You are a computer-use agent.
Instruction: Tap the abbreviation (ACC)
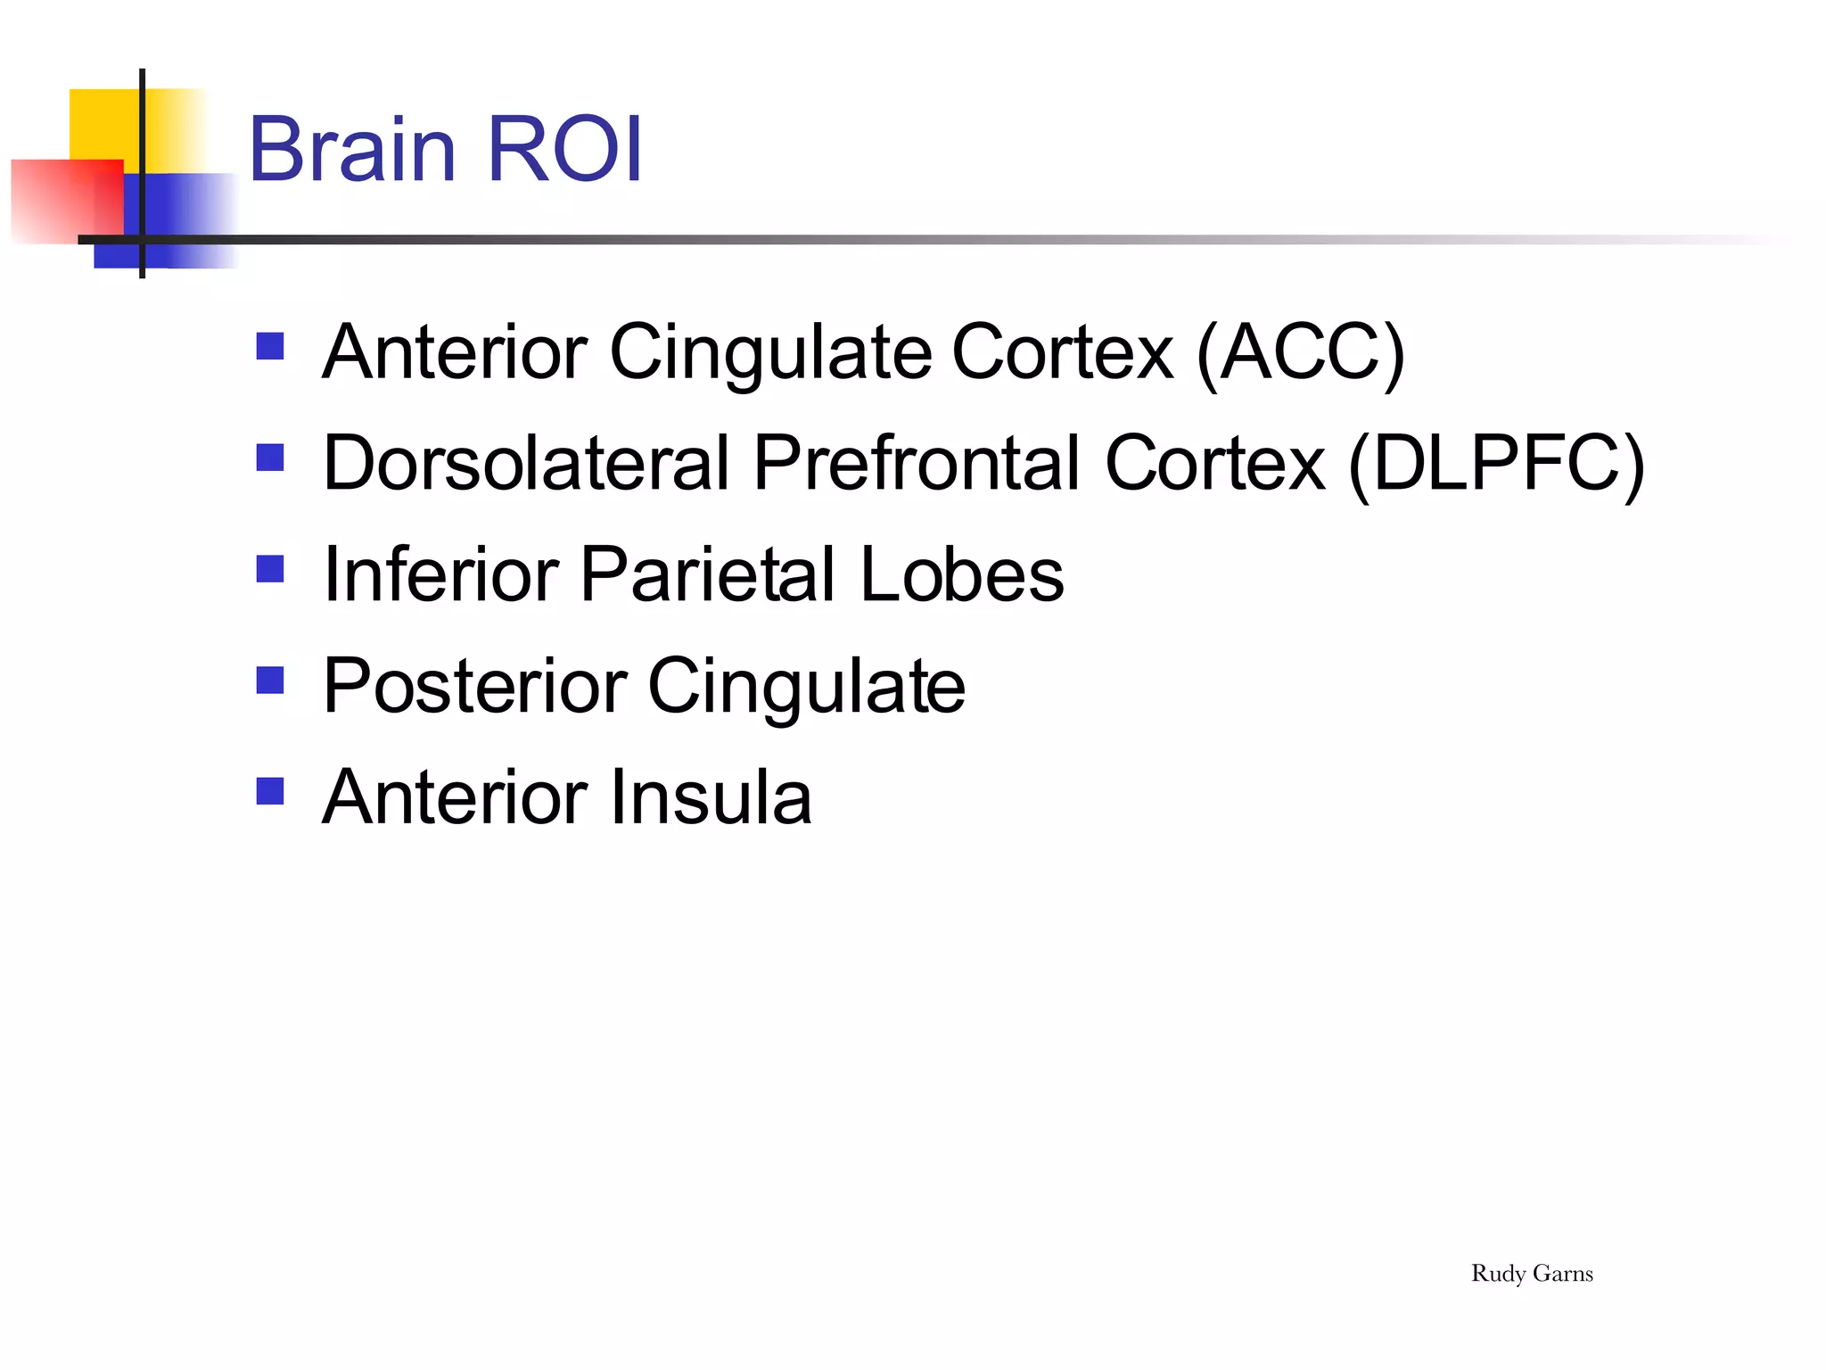1300,353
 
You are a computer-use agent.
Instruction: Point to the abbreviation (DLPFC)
1496,464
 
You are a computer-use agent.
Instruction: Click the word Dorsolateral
526,464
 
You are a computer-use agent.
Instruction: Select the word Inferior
440,575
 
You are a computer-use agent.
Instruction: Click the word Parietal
708,575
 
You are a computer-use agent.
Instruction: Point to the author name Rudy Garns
1531,1274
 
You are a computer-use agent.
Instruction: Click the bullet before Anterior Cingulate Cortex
269,346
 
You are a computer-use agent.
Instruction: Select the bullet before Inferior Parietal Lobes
269,568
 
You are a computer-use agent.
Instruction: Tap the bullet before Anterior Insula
269,790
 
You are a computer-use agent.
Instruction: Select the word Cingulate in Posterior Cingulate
806,687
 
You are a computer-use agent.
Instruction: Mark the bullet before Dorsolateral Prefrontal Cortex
269,458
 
